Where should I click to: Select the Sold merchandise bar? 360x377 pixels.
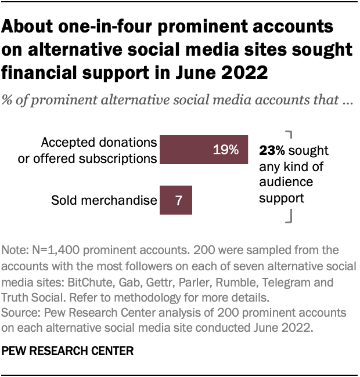(175, 201)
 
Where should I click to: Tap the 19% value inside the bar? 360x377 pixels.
(225, 150)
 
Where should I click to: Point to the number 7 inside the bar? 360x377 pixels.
(179, 201)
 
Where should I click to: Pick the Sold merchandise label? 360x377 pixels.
(104, 201)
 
